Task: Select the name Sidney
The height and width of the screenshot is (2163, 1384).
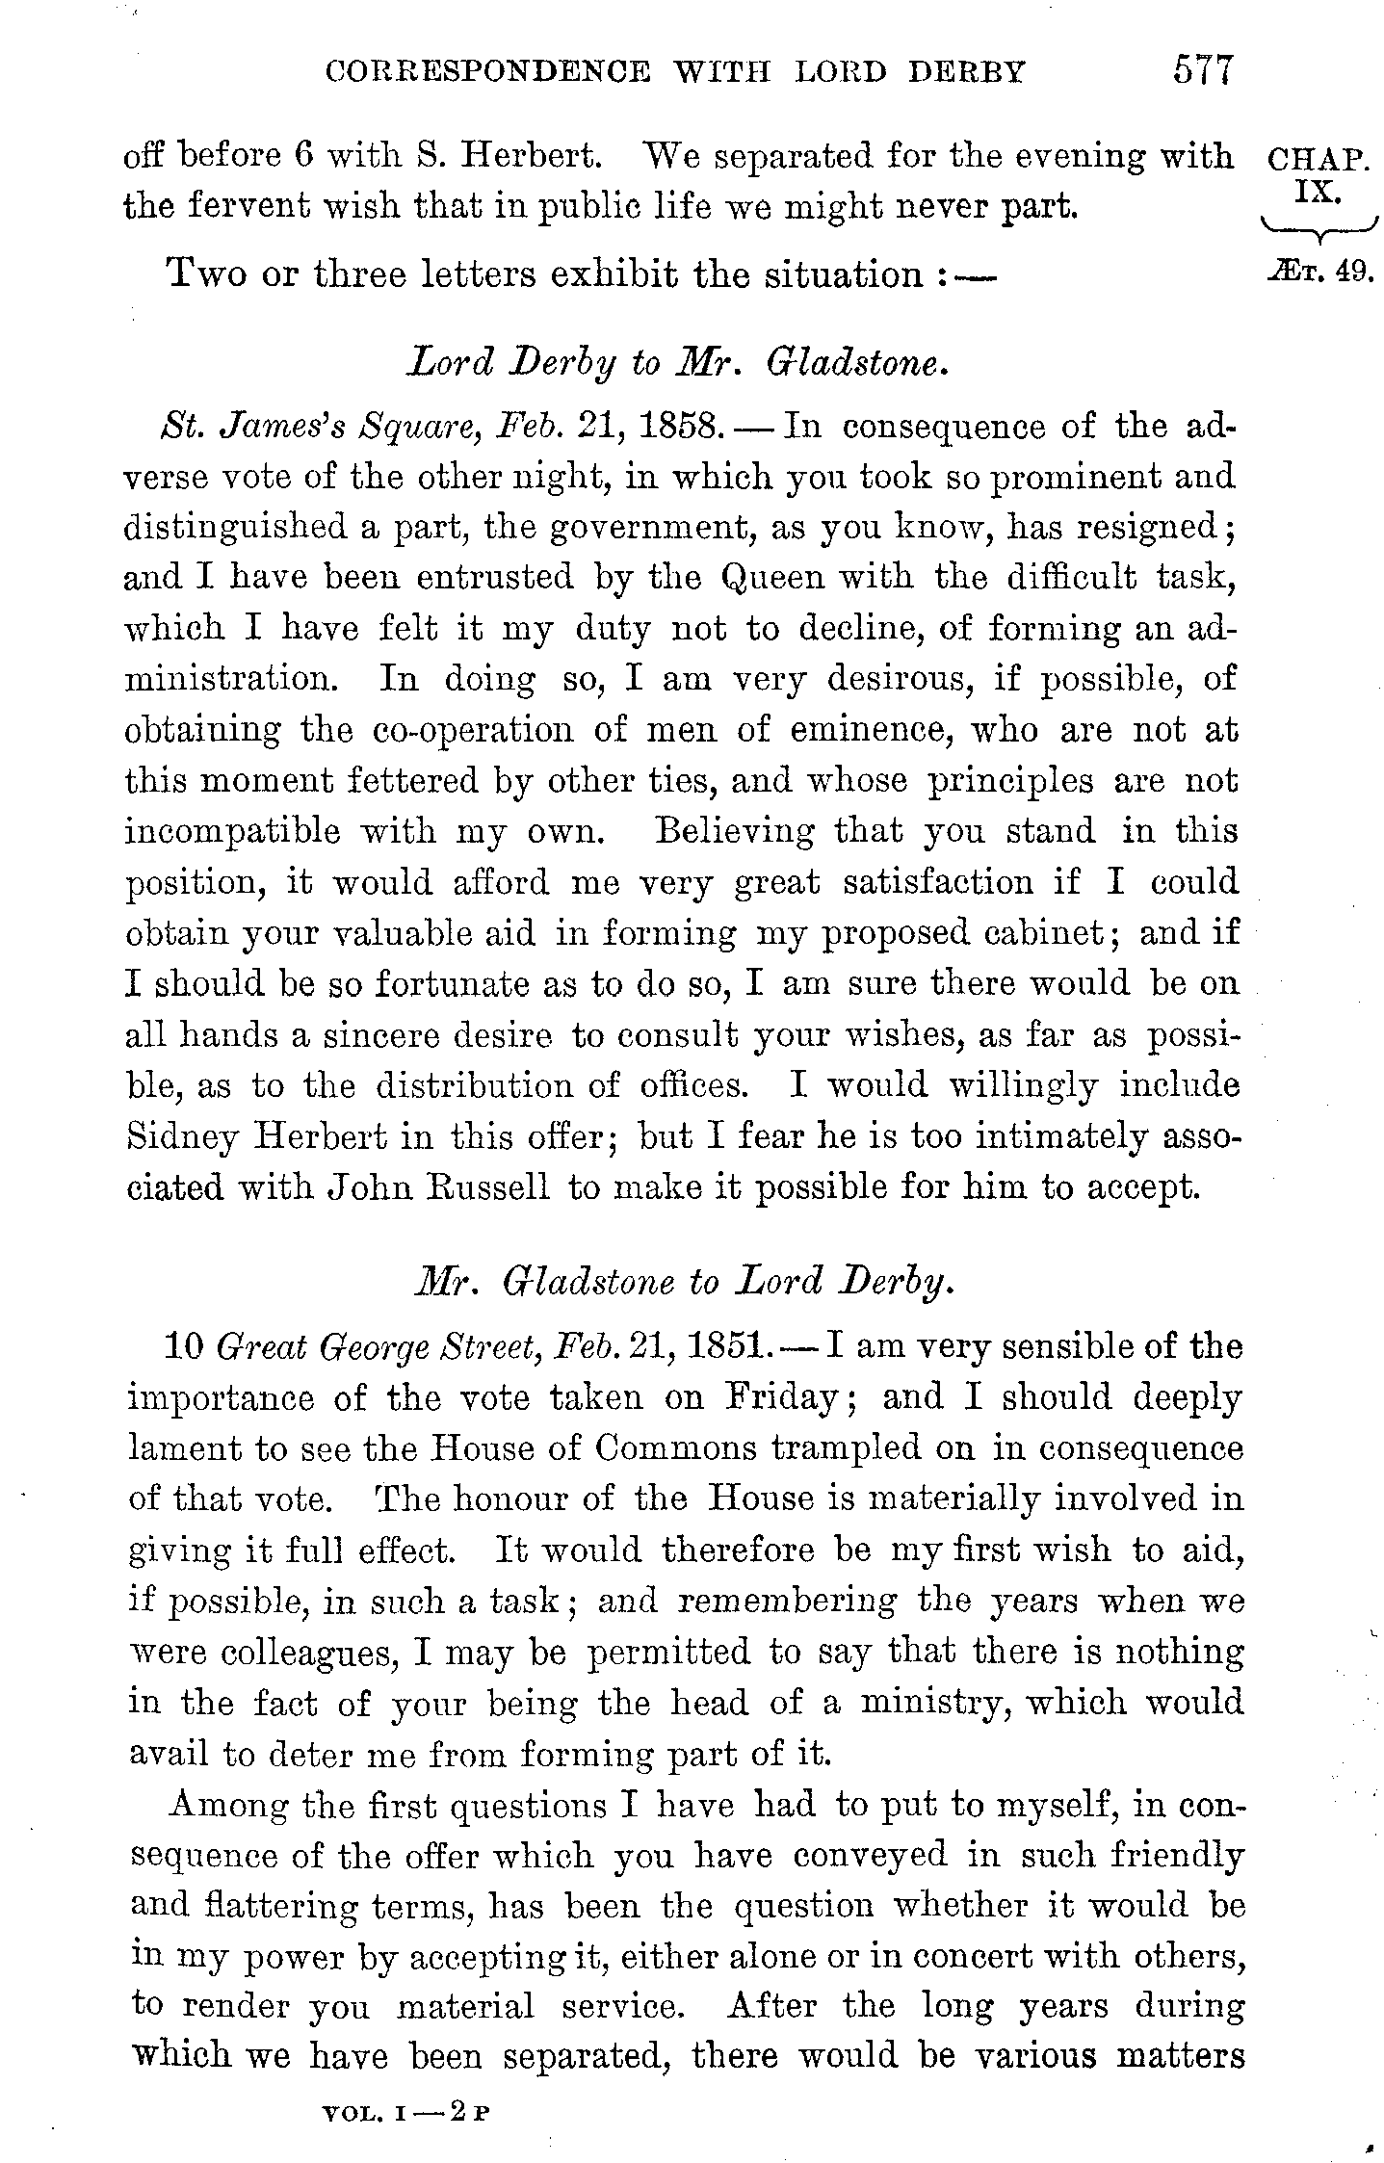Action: [182, 1137]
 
